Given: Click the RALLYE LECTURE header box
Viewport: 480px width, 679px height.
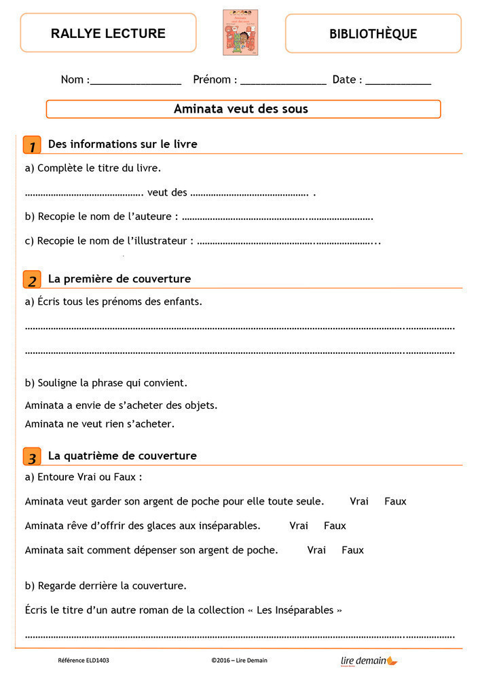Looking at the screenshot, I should [x=108, y=33].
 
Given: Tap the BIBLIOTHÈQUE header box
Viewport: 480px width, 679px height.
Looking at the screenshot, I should [x=373, y=33].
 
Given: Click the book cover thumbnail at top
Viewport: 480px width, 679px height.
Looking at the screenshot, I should [x=240, y=33].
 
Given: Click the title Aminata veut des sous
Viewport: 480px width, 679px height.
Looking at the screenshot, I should [x=241, y=109].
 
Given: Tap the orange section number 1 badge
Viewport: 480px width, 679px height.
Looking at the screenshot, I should [x=31, y=145].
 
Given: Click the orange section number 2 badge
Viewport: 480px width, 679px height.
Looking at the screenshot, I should [x=31, y=280].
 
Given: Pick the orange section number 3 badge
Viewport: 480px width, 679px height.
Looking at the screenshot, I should [x=31, y=456].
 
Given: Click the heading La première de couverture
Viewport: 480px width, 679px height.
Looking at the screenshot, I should [x=119, y=279].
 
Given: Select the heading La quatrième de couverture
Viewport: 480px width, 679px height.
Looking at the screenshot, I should [x=122, y=456].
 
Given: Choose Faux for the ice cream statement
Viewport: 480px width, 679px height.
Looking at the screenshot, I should [x=335, y=526].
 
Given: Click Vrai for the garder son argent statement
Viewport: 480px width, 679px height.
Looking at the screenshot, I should [x=359, y=501].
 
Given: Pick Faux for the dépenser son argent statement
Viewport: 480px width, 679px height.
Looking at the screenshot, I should [x=352, y=550].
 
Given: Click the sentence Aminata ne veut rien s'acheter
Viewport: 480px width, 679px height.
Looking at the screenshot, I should [x=100, y=424].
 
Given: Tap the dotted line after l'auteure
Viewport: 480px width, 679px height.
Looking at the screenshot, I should [x=278, y=219].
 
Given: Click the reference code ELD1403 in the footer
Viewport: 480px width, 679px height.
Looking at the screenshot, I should [x=84, y=660].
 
